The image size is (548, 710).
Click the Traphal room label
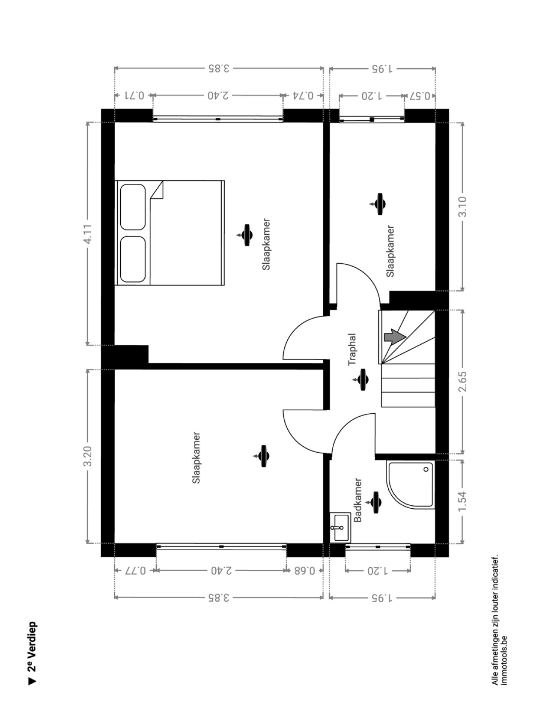point(352,349)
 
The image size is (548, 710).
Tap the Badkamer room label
point(357,500)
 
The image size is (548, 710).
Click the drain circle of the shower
point(426,469)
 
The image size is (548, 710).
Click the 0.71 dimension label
point(134,96)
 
